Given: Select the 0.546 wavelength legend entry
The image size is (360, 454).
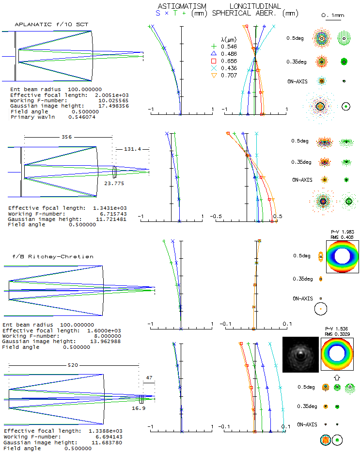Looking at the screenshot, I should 228,47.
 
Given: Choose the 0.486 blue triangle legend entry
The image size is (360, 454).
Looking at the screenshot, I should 228,54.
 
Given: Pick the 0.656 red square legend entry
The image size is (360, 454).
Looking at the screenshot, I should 228,61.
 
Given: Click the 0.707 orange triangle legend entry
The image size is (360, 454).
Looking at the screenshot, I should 228,76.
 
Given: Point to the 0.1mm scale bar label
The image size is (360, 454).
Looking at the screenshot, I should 332,16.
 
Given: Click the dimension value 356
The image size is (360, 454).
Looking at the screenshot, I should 67,137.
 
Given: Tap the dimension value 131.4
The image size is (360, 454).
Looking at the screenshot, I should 132,149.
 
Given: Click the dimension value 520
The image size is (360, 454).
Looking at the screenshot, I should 73,365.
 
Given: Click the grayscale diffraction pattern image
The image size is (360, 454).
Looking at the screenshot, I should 300,355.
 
